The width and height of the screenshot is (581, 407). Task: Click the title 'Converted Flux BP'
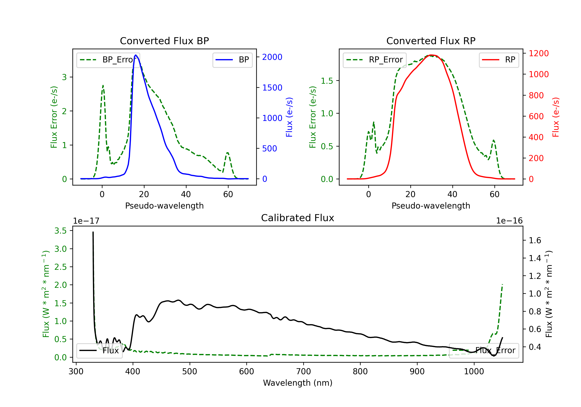click(164, 41)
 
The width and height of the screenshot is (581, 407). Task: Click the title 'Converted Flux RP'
click(431, 41)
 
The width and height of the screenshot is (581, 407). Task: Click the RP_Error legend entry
click(375, 60)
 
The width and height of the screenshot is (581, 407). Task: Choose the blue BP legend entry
click(232, 60)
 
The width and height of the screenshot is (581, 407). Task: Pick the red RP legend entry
click(498, 60)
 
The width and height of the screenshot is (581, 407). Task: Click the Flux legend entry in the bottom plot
click(100, 351)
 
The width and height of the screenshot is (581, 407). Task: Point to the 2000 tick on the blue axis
click(272, 57)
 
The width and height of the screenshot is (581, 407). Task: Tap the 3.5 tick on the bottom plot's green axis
click(60, 231)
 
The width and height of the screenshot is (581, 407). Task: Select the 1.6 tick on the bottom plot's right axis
click(535, 240)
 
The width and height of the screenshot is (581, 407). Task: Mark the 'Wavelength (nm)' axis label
click(298, 383)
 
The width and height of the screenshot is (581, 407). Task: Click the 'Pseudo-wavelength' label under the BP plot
click(164, 206)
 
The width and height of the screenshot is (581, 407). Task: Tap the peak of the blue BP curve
click(136, 55)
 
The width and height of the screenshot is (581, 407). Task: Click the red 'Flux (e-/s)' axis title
click(555, 117)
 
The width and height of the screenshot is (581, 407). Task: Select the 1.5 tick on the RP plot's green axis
click(327, 81)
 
